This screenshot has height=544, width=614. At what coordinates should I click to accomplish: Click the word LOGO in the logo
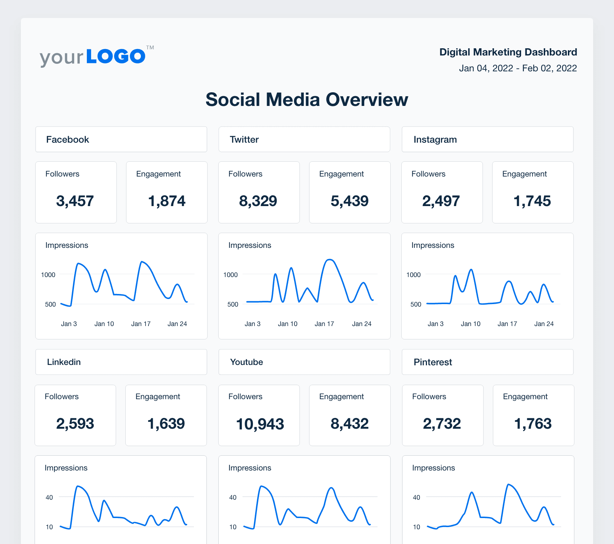pos(116,57)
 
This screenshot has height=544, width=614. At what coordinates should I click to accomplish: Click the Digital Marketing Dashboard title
pos(508,52)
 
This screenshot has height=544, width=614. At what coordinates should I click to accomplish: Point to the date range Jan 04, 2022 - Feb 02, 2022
pos(518,68)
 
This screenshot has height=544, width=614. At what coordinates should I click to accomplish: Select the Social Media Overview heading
pos(307,100)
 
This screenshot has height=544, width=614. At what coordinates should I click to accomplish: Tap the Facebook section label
pos(67,140)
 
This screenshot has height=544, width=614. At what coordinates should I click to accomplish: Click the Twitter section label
pos(244,140)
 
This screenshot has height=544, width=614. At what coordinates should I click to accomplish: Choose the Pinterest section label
pos(432,362)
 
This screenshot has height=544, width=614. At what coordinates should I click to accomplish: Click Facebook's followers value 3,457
pos(75,201)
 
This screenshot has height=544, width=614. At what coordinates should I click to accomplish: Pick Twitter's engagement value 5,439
pos(350,201)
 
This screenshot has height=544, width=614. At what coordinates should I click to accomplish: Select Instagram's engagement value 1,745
pos(532,201)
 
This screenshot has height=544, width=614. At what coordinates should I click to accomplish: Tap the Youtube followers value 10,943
pos(260,424)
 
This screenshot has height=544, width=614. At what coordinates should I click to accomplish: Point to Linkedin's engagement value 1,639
pos(166,424)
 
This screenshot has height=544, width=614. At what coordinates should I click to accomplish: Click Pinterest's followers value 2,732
pos(442,424)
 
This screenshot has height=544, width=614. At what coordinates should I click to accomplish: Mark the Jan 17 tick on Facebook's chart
pos(141,324)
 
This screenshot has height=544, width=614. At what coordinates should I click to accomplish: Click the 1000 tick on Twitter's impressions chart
pos(231,275)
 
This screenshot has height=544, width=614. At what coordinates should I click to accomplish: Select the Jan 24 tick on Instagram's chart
pos(544,324)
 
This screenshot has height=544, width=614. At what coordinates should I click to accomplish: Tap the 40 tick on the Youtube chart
pos(233,498)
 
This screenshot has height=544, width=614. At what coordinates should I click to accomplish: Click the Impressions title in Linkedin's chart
pos(66,468)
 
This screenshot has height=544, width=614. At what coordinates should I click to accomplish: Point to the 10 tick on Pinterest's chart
pos(416,527)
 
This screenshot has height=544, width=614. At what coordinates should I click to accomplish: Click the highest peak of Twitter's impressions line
pos(330,260)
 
